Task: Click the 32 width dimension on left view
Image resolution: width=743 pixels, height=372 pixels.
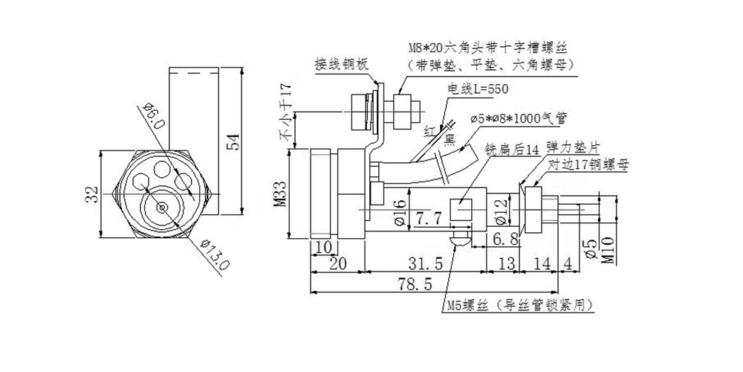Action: coord(91,195)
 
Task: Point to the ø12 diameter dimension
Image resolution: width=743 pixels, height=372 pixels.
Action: coord(500,210)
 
